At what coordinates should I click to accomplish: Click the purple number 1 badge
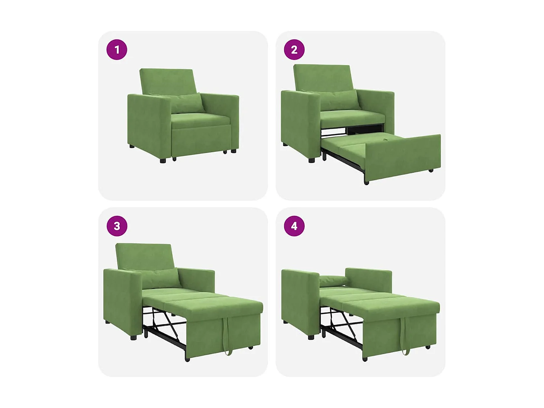pyautogui.click(x=117, y=50)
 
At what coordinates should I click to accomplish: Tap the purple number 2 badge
pyautogui.click(x=294, y=50)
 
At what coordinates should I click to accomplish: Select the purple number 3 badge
pyautogui.click(x=117, y=226)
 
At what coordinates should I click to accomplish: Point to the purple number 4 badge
pyautogui.click(x=294, y=226)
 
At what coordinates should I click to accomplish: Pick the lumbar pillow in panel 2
pyautogui.click(x=339, y=99)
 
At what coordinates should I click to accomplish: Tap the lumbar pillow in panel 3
pyautogui.click(x=160, y=279)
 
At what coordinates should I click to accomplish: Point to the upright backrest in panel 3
pyautogui.click(x=144, y=256)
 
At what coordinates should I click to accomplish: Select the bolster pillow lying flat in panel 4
pyautogui.click(x=333, y=280)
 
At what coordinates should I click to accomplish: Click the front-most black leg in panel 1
pyautogui.click(x=163, y=160)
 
